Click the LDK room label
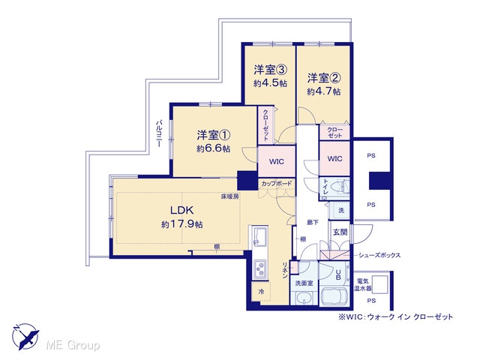[181, 210]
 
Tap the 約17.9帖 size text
[181, 224]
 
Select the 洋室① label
[213, 135]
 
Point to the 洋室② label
[324, 78]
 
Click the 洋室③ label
[270, 70]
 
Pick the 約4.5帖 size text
[270, 83]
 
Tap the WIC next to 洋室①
[277, 161]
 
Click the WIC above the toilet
[335, 158]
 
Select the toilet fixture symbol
[340, 187]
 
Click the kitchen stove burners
[260, 269]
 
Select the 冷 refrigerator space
[261, 292]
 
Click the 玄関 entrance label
[340, 232]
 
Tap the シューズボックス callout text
[379, 255]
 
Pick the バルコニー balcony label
[159, 133]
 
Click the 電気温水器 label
[363, 285]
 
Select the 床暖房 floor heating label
[230, 196]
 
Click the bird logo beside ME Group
[25, 337]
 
